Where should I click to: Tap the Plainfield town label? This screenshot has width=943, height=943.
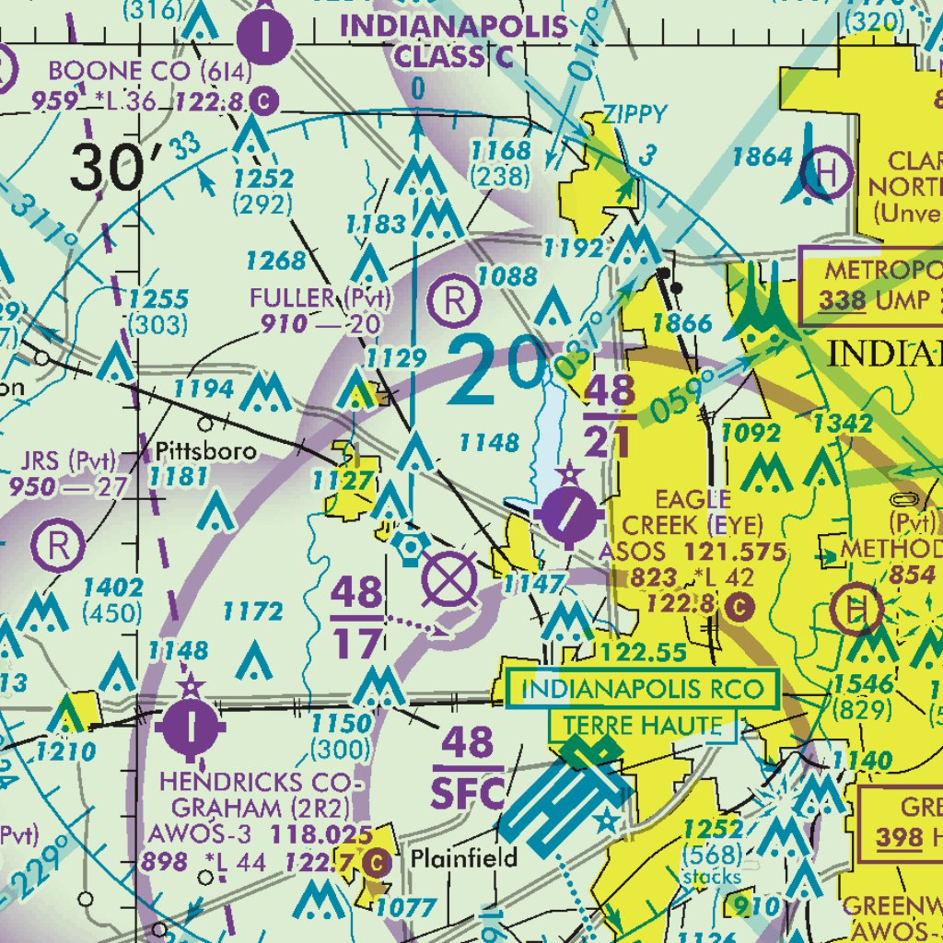tap(464, 858)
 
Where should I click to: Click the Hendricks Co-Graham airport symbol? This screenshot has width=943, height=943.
tap(191, 725)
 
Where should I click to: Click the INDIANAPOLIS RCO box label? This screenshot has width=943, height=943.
tap(641, 689)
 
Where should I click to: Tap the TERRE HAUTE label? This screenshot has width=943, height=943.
tap(643, 726)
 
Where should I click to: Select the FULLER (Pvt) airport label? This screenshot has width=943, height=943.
tap(320, 298)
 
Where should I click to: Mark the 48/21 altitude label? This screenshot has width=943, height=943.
tap(608, 416)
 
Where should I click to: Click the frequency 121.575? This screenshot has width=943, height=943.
tap(734, 553)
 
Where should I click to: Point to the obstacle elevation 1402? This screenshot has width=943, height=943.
tap(112, 588)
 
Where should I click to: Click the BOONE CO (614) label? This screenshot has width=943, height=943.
tap(132, 71)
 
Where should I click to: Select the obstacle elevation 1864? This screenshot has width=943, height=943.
tap(762, 157)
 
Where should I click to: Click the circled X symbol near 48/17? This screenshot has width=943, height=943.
tap(449, 580)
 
